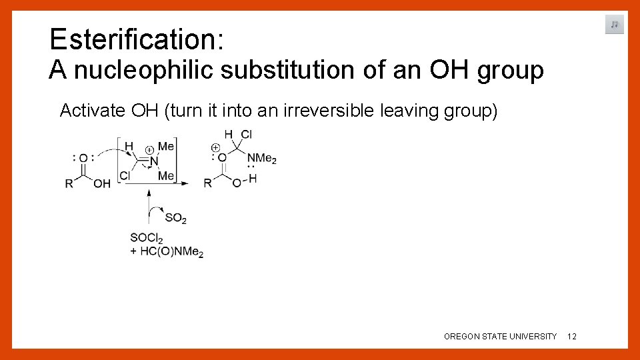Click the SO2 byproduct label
(175, 218)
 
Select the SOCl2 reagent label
(147, 238)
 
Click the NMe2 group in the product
(261, 159)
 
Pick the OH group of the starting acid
(102, 183)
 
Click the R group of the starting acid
(69, 183)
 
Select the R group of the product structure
(207, 183)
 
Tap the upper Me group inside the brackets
(166, 147)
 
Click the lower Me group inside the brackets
(166, 175)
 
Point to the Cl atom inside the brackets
(125, 175)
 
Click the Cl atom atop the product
(246, 135)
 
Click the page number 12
(571, 337)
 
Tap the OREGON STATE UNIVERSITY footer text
(500, 337)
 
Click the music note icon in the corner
(614, 25)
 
